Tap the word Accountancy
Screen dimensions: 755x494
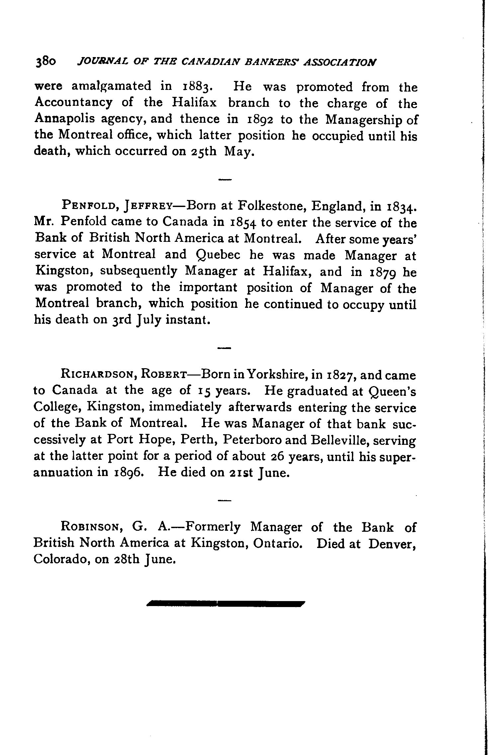click(73, 103)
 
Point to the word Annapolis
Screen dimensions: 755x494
click(65, 119)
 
